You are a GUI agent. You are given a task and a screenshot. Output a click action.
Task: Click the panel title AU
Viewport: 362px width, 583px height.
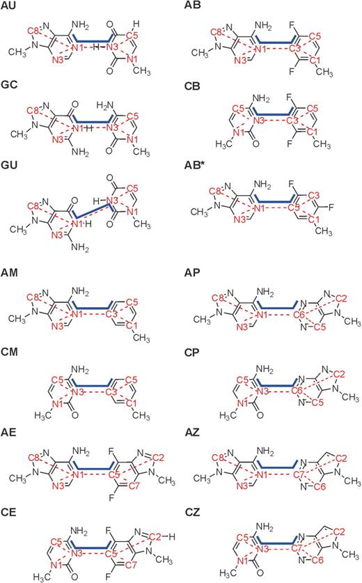click(x=8, y=6)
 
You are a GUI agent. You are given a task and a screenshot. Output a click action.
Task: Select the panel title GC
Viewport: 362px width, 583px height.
click(x=9, y=85)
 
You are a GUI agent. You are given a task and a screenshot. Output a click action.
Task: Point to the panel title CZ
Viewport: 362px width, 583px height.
click(x=192, y=513)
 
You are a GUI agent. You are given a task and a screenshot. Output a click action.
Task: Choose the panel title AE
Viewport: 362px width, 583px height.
click(x=8, y=433)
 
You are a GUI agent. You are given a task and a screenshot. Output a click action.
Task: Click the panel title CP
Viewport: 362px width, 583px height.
click(x=192, y=352)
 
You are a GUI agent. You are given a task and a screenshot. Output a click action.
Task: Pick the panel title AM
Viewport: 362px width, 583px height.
click(x=9, y=273)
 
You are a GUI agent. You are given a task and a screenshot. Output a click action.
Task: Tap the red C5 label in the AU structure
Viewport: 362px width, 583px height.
click(x=132, y=36)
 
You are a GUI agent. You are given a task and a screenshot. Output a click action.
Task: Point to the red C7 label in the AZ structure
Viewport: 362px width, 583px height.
click(x=299, y=475)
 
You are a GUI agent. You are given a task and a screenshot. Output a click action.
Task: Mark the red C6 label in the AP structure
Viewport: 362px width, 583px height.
click(x=299, y=316)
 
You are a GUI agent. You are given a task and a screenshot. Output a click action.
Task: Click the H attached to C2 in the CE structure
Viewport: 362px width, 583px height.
click(x=171, y=536)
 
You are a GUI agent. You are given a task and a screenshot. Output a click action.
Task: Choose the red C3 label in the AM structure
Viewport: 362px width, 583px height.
click(x=111, y=315)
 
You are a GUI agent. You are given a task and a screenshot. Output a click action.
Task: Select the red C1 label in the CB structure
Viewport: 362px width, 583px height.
click(x=314, y=132)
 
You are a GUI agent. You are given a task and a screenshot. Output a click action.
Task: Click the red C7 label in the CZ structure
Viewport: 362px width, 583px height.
click(x=297, y=548)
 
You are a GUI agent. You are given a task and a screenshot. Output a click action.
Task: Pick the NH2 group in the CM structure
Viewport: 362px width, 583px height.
click(x=80, y=370)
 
